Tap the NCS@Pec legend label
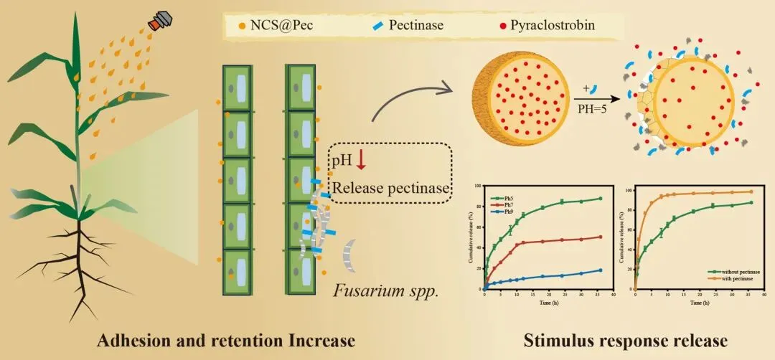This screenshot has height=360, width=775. [277, 26]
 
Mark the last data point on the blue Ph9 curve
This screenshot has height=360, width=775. [600, 270]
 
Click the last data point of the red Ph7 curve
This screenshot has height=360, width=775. [600, 237]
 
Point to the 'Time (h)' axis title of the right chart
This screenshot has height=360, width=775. [693, 303]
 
